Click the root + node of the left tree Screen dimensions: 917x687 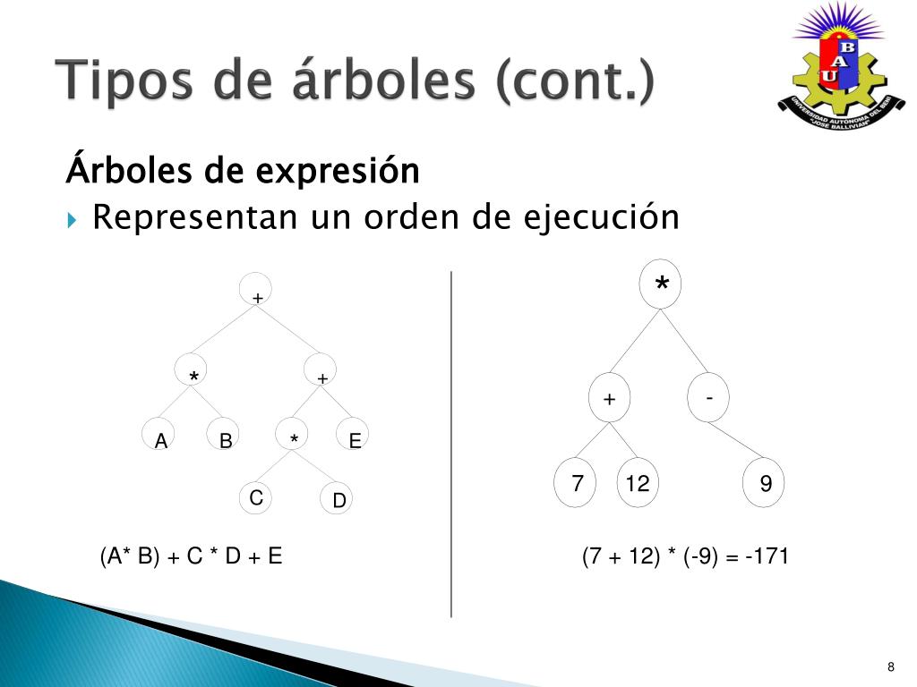pos(255,289)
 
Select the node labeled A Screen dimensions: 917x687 pos(159,434)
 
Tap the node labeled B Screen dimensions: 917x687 pos(223,434)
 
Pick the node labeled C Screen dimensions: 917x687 pos(255,497)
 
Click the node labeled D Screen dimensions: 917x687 pos(337,498)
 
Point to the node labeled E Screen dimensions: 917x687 pos(353,434)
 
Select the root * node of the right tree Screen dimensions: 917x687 pos(660,284)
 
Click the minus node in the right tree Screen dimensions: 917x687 pos(708,398)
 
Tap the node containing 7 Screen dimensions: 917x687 pos(575,482)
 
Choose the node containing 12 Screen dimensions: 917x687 pos(638,482)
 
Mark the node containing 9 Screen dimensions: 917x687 pos(763,482)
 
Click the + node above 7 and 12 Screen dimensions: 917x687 pos(609,398)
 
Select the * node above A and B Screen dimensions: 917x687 pos(191,369)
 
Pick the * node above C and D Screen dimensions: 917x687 pos(292,434)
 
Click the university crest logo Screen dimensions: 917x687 pos(840,66)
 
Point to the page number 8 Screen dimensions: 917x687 pos(891,666)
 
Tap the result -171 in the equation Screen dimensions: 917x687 pos(767,556)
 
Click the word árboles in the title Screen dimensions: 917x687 pos(383,79)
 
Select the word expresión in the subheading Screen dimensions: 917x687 pos(338,171)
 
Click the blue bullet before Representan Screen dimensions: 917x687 pos(72,220)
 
